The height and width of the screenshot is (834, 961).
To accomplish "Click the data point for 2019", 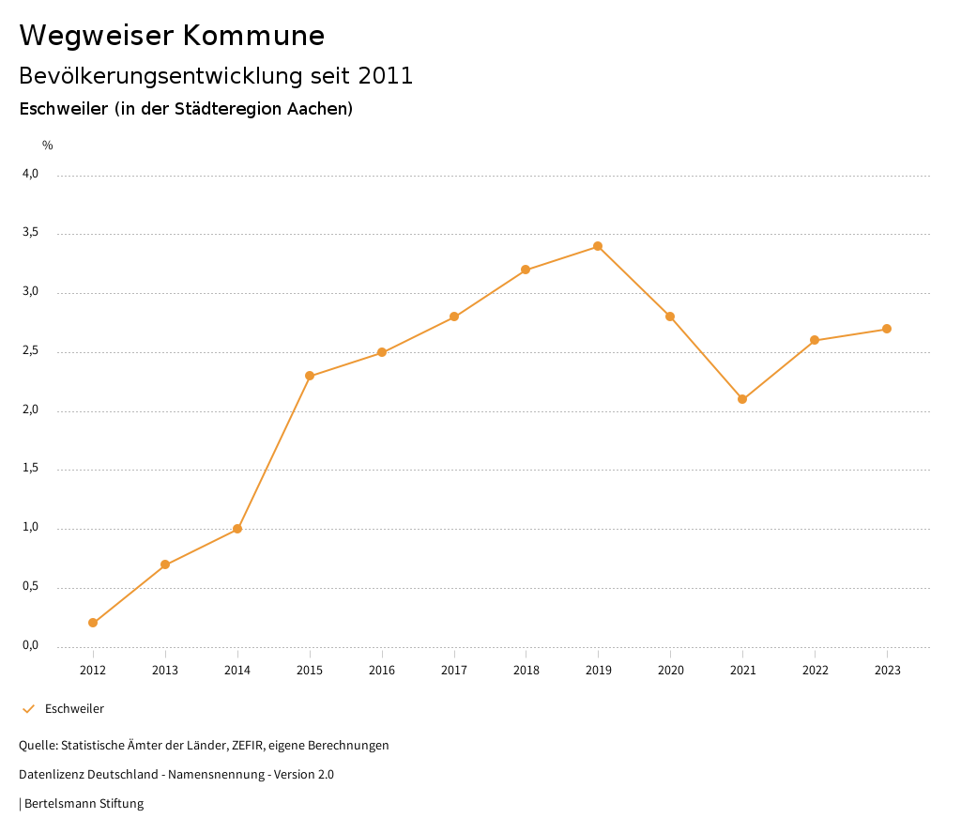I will (x=598, y=246).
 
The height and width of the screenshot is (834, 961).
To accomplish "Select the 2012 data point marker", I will (x=93, y=623).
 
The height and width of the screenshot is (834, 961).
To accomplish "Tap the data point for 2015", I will (x=310, y=376).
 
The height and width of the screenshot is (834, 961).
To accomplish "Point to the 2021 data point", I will (x=742, y=399).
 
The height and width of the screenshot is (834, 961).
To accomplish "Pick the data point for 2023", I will (x=887, y=329).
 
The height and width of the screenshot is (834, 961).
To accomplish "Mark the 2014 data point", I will (x=237, y=529).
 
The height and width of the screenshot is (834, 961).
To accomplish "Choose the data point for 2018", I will (x=526, y=270).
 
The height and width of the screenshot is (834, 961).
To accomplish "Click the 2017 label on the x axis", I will (x=454, y=671).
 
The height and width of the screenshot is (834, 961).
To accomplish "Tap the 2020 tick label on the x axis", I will (x=670, y=671).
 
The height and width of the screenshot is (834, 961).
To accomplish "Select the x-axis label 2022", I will (x=815, y=671).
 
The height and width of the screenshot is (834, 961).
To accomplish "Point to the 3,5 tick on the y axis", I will (x=30, y=232).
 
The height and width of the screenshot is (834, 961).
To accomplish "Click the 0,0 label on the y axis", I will (x=30, y=645).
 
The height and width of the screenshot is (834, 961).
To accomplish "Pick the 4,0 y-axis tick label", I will (x=30, y=174).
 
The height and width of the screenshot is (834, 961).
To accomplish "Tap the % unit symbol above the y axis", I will (x=48, y=146).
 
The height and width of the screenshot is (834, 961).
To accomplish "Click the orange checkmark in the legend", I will (x=28, y=709).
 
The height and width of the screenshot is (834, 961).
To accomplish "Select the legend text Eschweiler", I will (x=74, y=709).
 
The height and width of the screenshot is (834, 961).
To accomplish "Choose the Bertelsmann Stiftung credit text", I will (x=84, y=804).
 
